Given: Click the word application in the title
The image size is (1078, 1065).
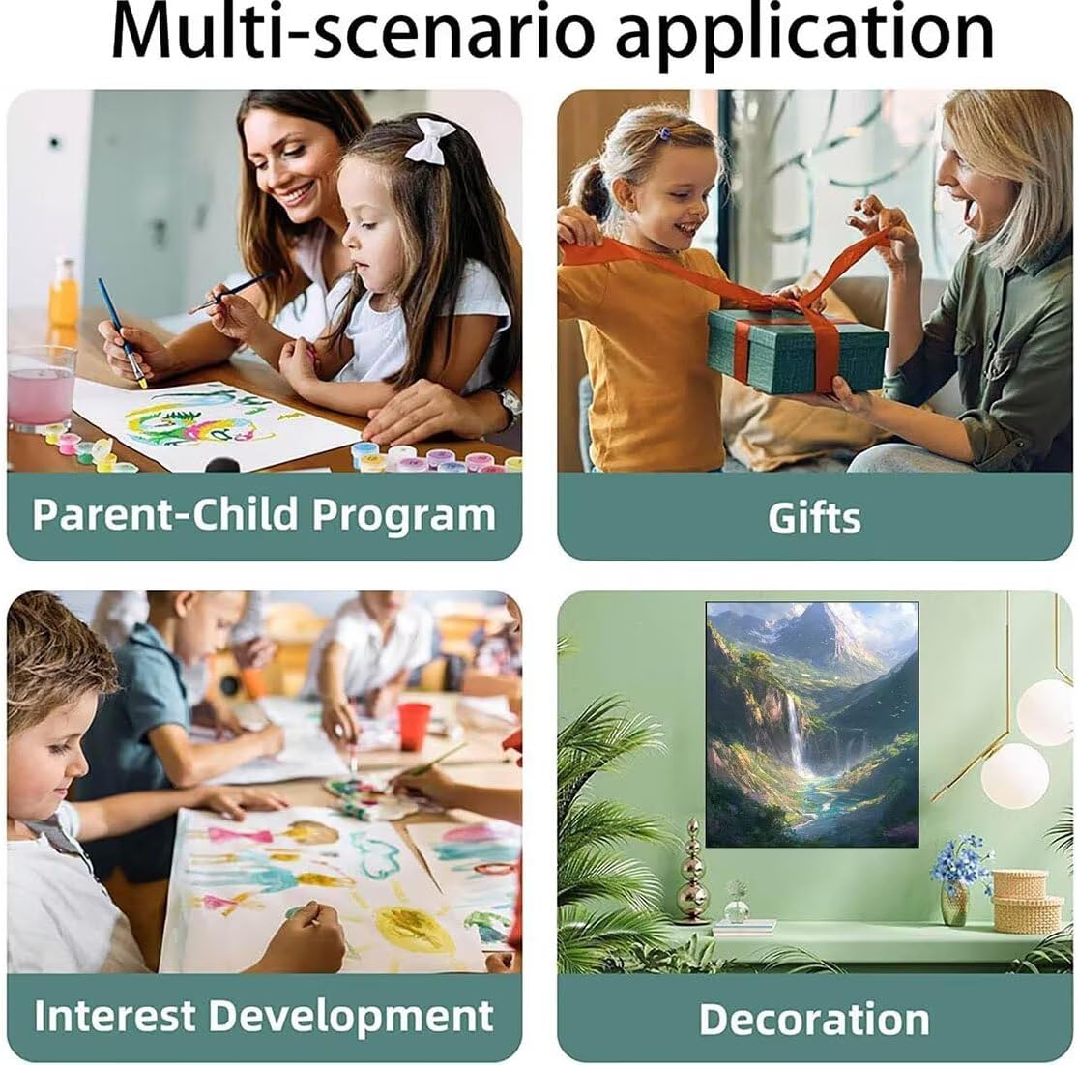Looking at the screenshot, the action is coord(804,36).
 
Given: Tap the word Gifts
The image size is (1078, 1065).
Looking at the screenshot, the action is coord(814,518).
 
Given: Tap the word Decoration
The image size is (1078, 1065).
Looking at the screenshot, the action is coord(814,1019).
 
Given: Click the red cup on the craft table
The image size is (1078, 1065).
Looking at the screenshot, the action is coord(414,726).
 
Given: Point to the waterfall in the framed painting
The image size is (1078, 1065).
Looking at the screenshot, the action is coord(796,735).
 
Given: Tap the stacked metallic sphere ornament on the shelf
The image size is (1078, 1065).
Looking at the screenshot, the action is coord(691,872).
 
